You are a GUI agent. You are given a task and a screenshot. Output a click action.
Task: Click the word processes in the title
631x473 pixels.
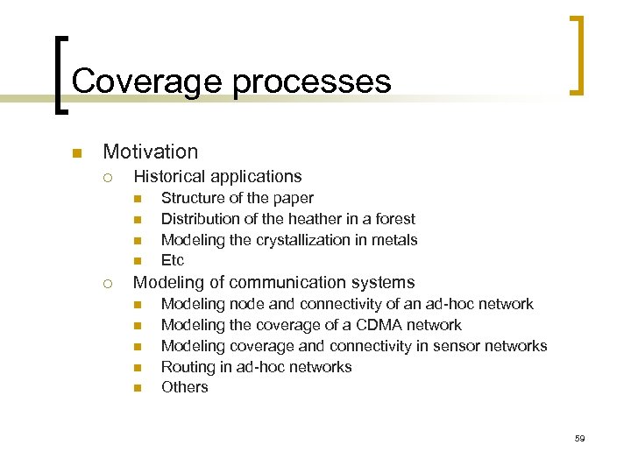pos(311,81)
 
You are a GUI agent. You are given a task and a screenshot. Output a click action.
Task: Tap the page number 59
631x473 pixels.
pos(579,438)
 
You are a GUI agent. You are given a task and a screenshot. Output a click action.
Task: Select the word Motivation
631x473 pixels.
pos(151,152)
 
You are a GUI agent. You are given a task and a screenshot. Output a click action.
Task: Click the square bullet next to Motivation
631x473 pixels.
pos(76,154)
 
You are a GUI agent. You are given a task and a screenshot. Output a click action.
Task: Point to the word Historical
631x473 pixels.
pos(171,177)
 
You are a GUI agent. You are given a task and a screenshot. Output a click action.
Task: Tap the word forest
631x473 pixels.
pos(393,219)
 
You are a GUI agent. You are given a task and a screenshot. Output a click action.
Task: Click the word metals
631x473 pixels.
pos(394,240)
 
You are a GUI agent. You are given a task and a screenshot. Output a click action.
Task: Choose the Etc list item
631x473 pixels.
pos(173,261)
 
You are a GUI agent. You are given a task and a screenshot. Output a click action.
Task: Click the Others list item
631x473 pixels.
pos(185,387)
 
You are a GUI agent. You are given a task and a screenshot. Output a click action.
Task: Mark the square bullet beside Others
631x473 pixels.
pos(137,388)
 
